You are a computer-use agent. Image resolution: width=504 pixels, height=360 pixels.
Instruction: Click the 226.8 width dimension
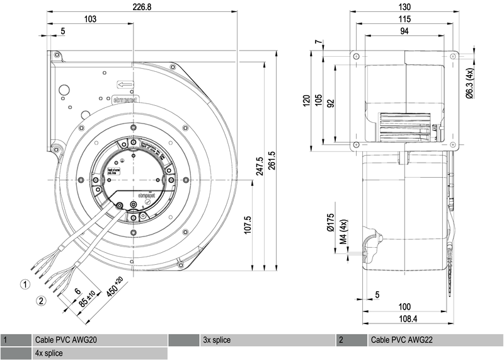(x=141, y=7)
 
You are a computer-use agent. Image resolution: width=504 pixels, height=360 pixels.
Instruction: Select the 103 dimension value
(x=89, y=20)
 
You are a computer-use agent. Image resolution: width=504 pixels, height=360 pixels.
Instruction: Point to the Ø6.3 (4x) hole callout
(x=469, y=84)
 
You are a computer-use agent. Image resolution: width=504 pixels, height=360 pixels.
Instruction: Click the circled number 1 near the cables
(x=25, y=284)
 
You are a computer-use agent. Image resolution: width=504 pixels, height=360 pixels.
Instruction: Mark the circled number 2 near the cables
(x=41, y=301)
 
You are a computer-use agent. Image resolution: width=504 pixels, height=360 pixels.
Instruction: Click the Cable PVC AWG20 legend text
(x=66, y=340)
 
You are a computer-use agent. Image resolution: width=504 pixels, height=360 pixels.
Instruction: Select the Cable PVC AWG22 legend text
(x=402, y=340)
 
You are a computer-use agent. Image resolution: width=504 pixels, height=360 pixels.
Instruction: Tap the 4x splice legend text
(x=49, y=353)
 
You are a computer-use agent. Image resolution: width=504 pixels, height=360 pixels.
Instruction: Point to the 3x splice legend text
(x=217, y=340)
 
